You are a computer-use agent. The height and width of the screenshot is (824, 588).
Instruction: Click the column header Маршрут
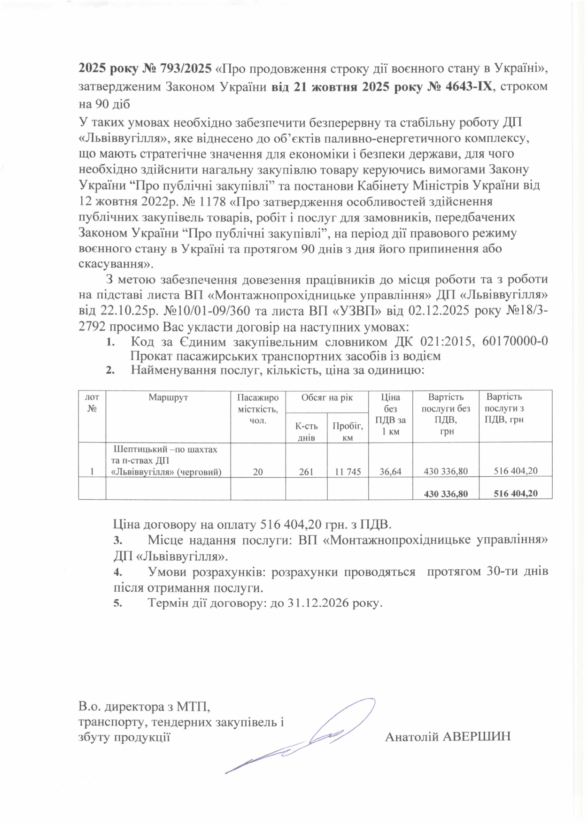[168, 397]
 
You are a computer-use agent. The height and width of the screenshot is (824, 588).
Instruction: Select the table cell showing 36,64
[390, 471]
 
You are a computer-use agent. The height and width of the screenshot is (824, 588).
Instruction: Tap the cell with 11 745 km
[348, 471]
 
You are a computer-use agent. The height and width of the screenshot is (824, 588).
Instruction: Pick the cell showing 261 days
[306, 471]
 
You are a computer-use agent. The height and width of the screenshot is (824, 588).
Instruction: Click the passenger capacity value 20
[258, 471]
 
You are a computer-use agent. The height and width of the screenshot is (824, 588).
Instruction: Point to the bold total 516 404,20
[516, 493]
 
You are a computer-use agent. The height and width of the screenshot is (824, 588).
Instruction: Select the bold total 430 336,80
[446, 493]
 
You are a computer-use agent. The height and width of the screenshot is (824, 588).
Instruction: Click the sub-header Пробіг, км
[348, 432]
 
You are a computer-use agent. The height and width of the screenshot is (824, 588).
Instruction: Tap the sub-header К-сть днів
[306, 432]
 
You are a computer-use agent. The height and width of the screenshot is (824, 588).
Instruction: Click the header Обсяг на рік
[327, 397]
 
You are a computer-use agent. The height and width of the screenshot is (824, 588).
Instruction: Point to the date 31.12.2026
[322, 603]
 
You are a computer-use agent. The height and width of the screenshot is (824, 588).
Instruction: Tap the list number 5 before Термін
[117, 603]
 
